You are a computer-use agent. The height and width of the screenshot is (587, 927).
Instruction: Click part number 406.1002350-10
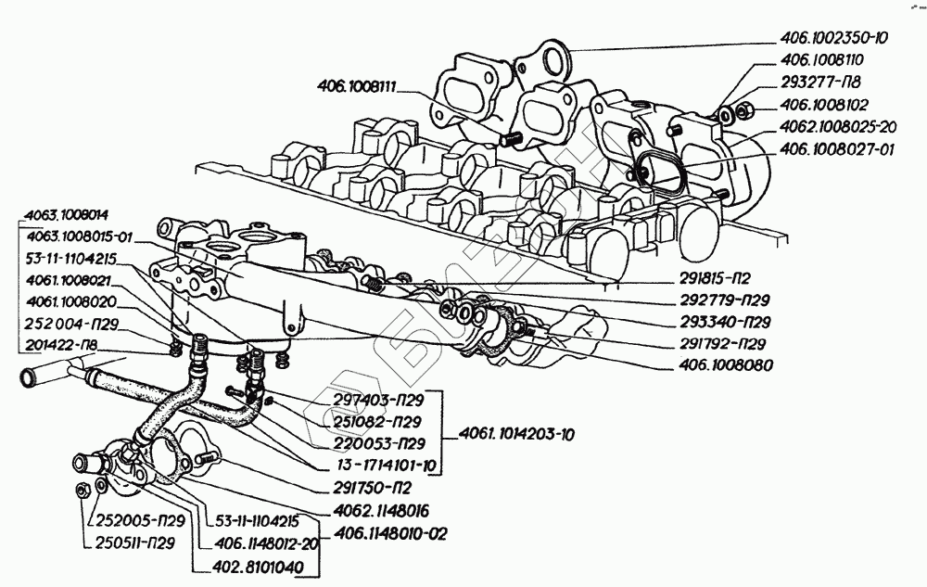[x=834, y=38]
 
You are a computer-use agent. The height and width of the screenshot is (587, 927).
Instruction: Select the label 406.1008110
[x=821, y=59]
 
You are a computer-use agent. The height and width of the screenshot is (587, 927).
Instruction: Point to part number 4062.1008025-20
[x=838, y=126]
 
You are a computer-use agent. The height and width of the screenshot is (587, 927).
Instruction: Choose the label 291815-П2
[x=716, y=278]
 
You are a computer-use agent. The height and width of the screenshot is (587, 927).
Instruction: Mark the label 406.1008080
[x=727, y=365]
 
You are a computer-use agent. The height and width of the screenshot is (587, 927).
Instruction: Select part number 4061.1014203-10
[x=516, y=435]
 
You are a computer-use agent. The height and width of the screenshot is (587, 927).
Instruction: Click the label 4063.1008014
[x=67, y=215]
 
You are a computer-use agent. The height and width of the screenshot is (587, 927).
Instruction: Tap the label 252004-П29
[x=72, y=324]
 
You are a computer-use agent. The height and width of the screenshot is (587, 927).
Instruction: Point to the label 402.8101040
[x=257, y=567]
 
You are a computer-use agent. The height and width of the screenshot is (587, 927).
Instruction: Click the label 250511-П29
[x=135, y=542]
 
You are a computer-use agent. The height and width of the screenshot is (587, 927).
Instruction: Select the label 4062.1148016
[x=381, y=511]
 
